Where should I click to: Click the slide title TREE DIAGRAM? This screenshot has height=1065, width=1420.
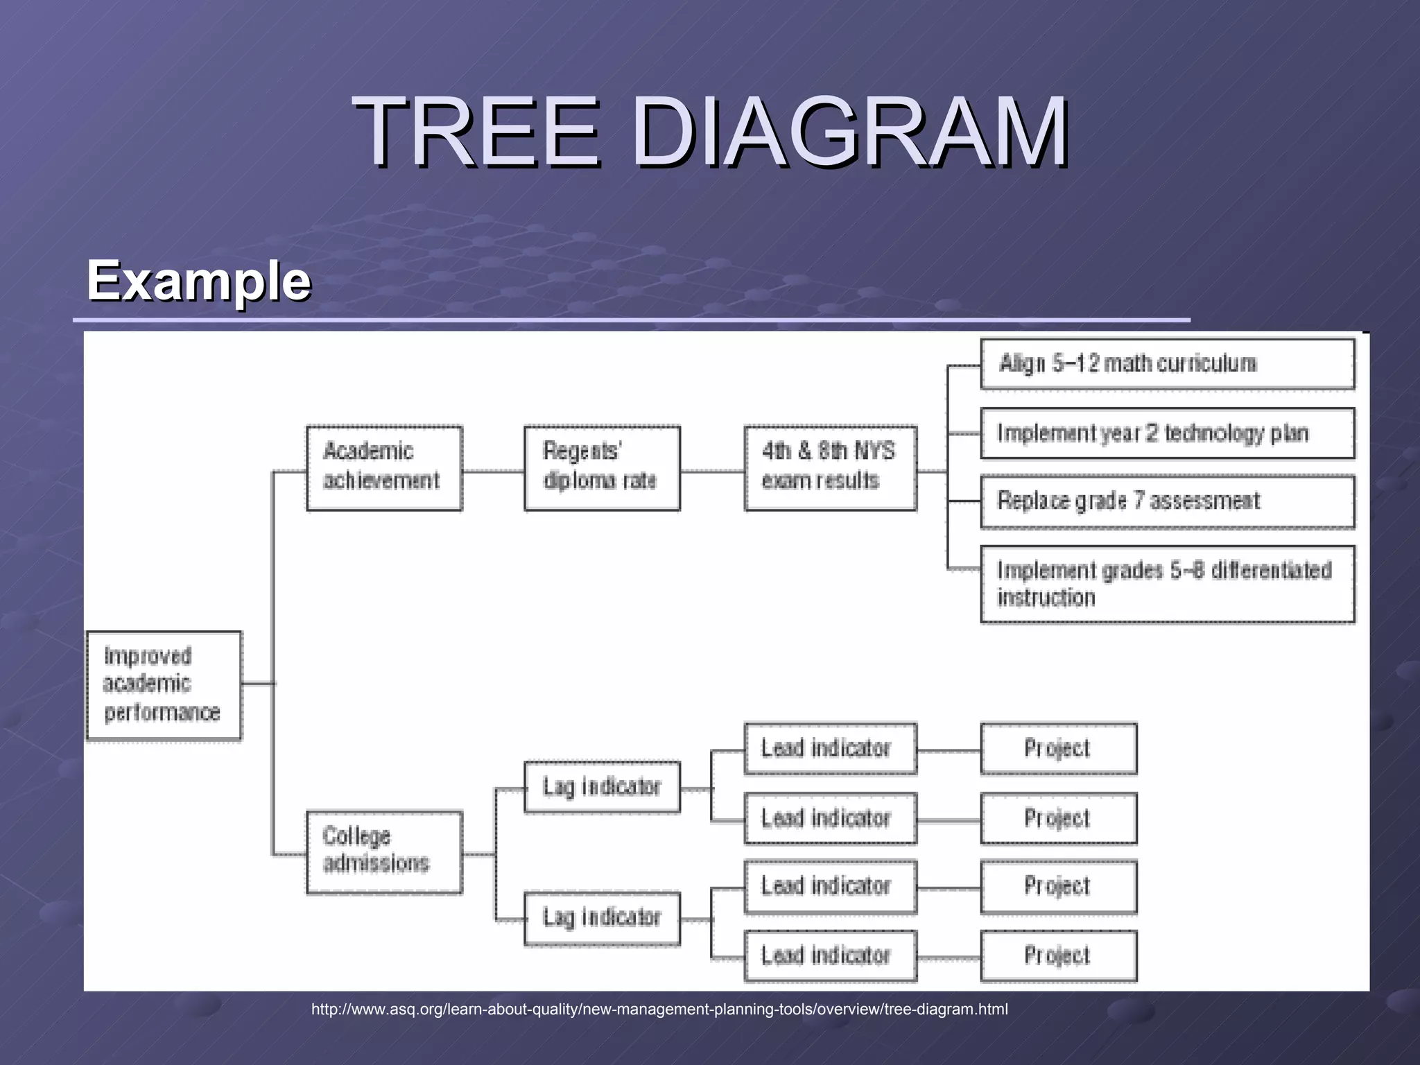coord(710,132)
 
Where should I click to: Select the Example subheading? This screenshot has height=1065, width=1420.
coord(198,281)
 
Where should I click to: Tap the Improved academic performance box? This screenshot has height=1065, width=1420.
coord(164,685)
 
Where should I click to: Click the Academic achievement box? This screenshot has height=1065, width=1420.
coord(384,468)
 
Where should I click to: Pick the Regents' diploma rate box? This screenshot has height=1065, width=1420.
coord(602,468)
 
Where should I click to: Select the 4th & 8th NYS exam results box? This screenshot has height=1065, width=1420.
coord(830,468)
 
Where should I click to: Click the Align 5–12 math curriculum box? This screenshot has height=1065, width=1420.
coord(1167,364)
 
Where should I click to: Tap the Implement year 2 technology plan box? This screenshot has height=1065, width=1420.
coord(1167,433)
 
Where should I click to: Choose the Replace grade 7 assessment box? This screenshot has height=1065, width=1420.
coord(1167,501)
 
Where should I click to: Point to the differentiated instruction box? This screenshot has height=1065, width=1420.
coord(1167,584)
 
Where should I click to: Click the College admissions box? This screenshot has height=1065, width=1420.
coord(384,851)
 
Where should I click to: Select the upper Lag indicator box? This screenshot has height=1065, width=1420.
coord(602,787)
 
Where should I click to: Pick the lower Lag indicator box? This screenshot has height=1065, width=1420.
coord(602,918)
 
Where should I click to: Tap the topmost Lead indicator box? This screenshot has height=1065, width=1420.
coord(830,749)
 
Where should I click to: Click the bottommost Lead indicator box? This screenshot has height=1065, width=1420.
coord(830,956)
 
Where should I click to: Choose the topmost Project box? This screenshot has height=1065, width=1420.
coord(1058,749)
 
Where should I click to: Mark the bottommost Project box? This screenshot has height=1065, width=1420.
coord(1058,956)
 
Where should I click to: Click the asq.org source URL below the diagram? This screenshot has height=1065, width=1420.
coord(659,1010)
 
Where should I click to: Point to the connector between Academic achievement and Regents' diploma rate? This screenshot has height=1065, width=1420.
coord(493,471)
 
